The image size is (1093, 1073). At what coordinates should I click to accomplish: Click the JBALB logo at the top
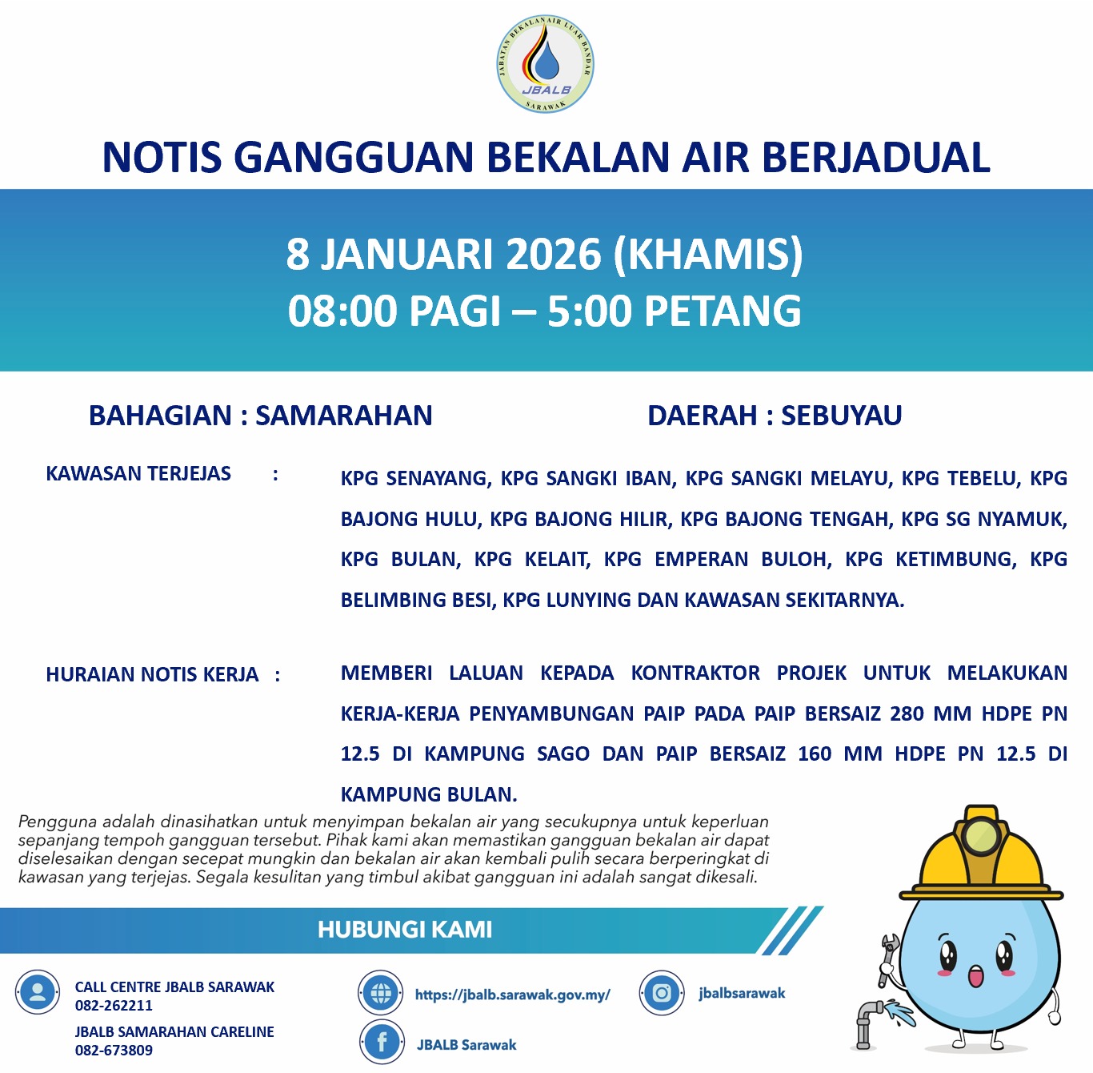tap(545, 64)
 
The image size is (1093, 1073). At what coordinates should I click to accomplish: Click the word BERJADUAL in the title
tap(875, 157)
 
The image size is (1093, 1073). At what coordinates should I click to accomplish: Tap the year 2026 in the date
tap(553, 254)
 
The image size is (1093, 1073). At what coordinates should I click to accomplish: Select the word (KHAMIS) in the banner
tap(708, 254)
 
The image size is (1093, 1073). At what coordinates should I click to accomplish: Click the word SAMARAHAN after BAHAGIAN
tap(344, 416)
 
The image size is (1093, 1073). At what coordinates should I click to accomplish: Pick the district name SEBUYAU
tap(842, 416)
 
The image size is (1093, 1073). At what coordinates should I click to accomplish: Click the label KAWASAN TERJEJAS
tap(138, 474)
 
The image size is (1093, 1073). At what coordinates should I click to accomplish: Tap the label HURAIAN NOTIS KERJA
tap(152, 675)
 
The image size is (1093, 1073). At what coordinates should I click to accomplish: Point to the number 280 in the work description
tap(907, 713)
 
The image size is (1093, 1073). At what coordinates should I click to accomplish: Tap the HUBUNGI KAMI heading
tap(405, 930)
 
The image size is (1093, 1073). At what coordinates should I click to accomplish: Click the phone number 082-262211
tap(114, 1006)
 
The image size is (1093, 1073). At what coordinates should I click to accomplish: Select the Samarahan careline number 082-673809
tap(114, 1051)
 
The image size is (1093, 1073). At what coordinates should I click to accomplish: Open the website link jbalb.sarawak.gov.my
tap(512, 995)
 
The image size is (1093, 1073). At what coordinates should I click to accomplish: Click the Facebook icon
tap(382, 1043)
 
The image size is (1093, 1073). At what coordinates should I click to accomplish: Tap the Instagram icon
tap(662, 994)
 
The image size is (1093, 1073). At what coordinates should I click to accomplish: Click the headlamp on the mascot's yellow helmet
tap(981, 836)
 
